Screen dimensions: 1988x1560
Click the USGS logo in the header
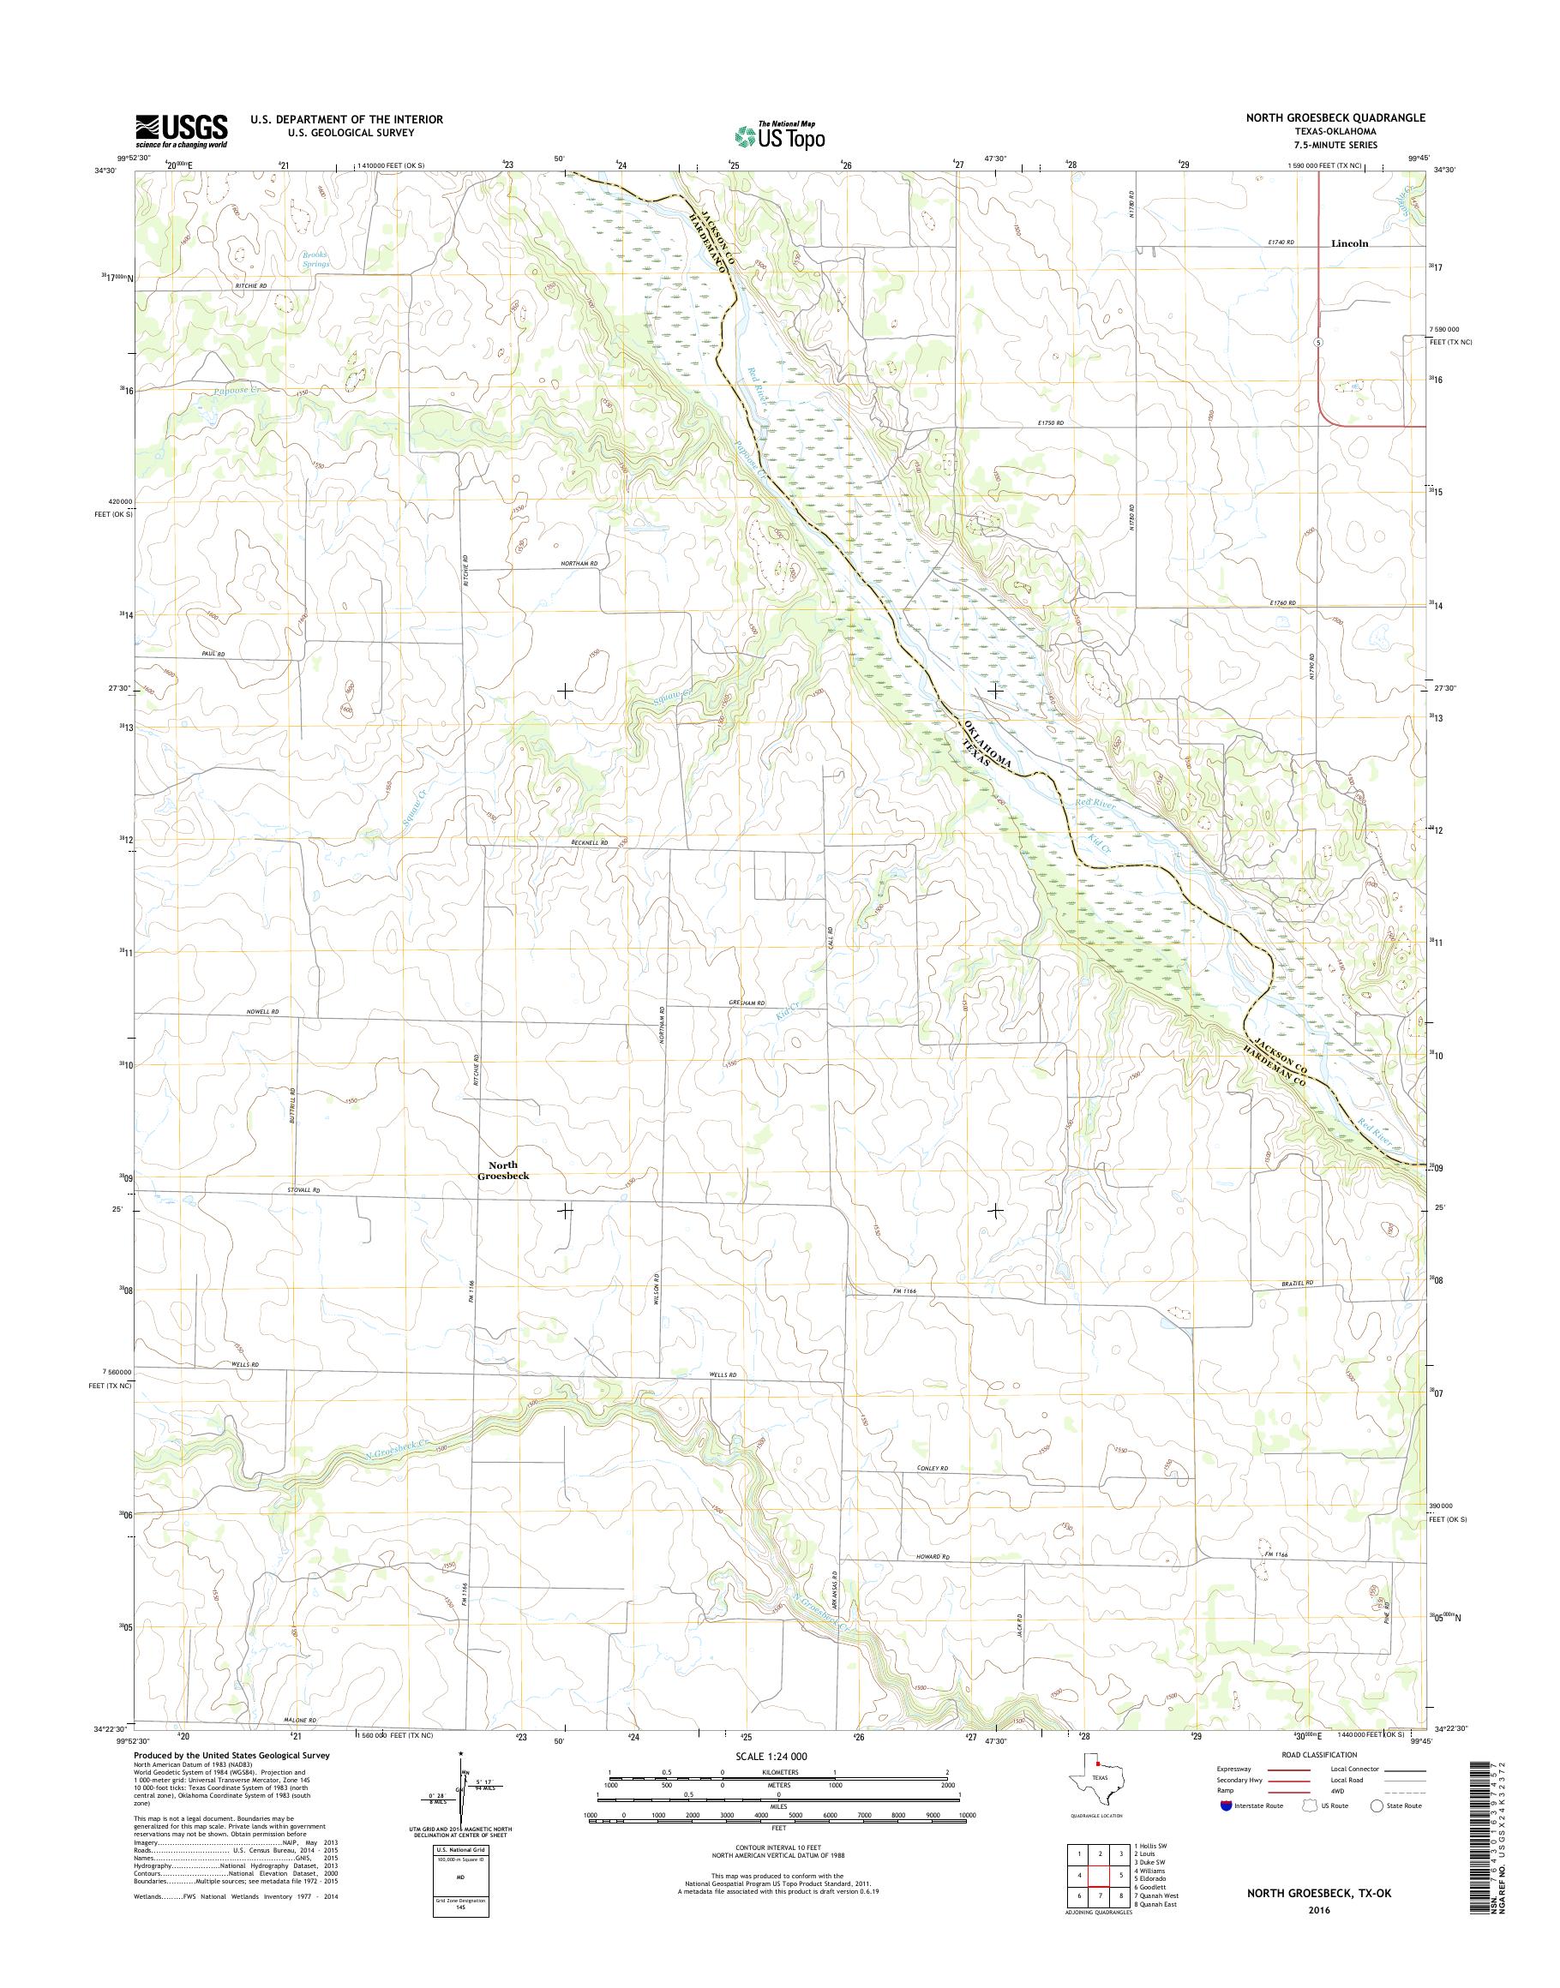click(x=182, y=130)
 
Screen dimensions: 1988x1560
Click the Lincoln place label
click(x=1349, y=244)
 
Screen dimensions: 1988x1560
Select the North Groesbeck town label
click(x=502, y=1170)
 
